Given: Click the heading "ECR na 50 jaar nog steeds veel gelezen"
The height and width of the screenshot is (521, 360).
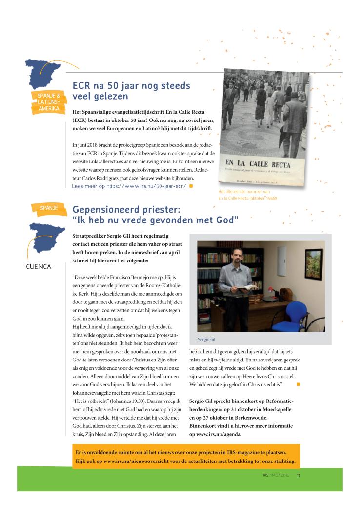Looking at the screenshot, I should tap(131, 91).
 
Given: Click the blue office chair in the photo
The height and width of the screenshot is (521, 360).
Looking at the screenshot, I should tap(301, 312).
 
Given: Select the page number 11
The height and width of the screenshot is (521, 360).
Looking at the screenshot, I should tap(298, 475).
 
